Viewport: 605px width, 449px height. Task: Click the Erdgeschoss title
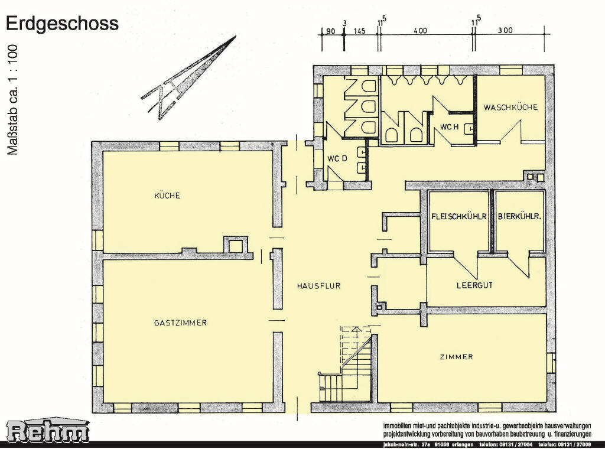click(x=62, y=23)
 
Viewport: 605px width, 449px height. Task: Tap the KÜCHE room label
click(x=167, y=196)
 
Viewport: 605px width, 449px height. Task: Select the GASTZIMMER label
click(x=180, y=323)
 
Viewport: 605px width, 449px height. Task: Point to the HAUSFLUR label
click(x=318, y=285)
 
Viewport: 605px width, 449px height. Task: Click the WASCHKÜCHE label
click(x=510, y=108)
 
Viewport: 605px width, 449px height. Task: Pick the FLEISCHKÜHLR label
click(x=459, y=216)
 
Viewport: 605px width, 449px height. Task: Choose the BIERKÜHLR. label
click(x=520, y=216)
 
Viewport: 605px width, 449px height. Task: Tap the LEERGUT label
click(x=474, y=285)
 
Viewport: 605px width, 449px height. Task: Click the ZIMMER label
click(x=456, y=357)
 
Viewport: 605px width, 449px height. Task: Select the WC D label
click(x=336, y=158)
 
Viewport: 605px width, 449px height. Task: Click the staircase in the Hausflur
click(x=349, y=369)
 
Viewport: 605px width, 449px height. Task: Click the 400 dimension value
click(x=420, y=31)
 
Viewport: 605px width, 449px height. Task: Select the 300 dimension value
click(x=505, y=31)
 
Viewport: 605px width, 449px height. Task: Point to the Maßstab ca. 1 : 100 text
click(x=13, y=100)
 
